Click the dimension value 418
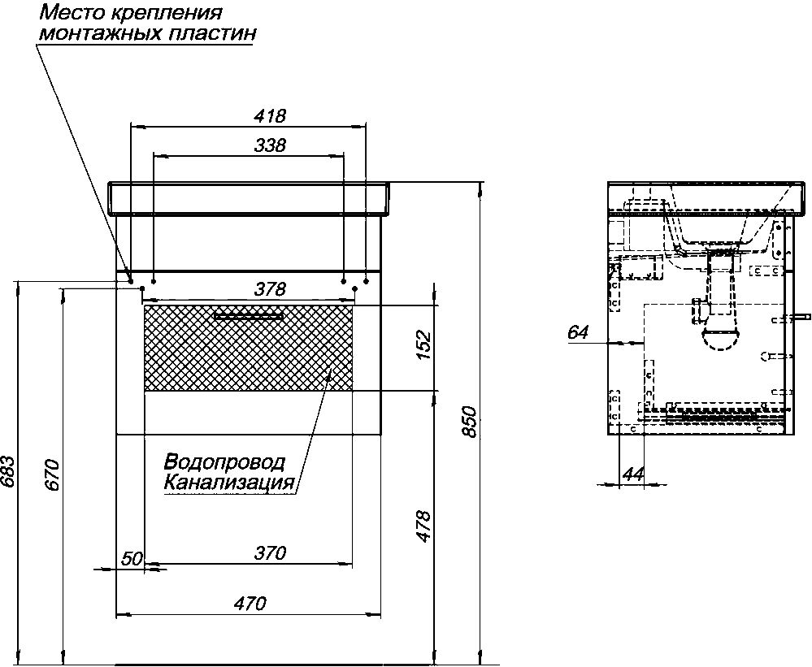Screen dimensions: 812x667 coord(270,115)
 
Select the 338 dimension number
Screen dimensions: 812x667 coord(270,145)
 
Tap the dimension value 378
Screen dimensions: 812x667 coord(270,288)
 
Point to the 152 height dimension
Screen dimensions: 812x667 coord(423,344)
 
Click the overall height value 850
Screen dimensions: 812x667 coord(468,422)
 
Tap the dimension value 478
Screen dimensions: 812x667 coord(423,526)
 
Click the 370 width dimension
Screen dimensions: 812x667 coord(270,552)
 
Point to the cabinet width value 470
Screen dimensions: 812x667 coord(250,603)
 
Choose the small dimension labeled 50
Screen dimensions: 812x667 coord(132,558)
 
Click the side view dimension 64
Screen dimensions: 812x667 coord(578,331)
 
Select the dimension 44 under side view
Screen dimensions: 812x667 coord(633,474)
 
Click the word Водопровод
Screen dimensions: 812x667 coord(225,461)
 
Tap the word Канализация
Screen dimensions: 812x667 coord(229,483)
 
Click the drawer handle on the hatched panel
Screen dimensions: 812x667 coord(249,316)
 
